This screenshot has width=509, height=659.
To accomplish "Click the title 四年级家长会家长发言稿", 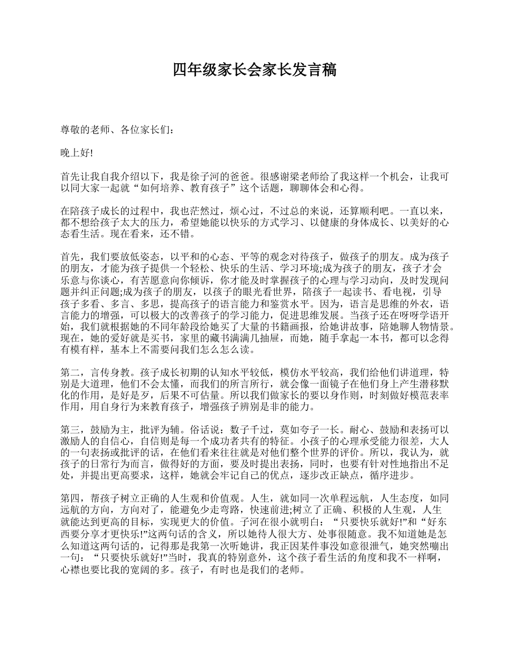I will (x=254, y=70).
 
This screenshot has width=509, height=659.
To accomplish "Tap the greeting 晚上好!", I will (x=77, y=154).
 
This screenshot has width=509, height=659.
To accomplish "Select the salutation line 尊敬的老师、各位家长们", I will (x=115, y=129).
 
